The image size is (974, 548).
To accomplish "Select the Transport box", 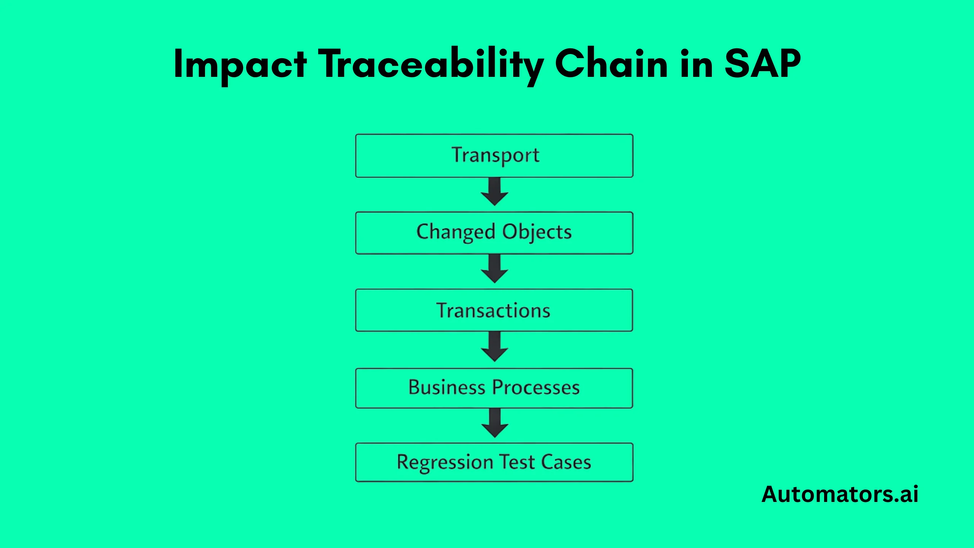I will click(x=494, y=156).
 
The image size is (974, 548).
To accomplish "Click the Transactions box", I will click(x=494, y=310).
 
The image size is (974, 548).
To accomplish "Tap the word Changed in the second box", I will click(x=455, y=232).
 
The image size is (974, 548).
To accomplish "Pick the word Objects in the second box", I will click(x=537, y=232).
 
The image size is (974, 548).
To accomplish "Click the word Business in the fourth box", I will click(x=447, y=387).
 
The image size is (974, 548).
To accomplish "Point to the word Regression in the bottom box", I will click(x=445, y=462).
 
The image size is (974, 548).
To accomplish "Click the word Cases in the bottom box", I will click(x=566, y=462).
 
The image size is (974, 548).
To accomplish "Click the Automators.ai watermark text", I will click(x=840, y=494).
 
